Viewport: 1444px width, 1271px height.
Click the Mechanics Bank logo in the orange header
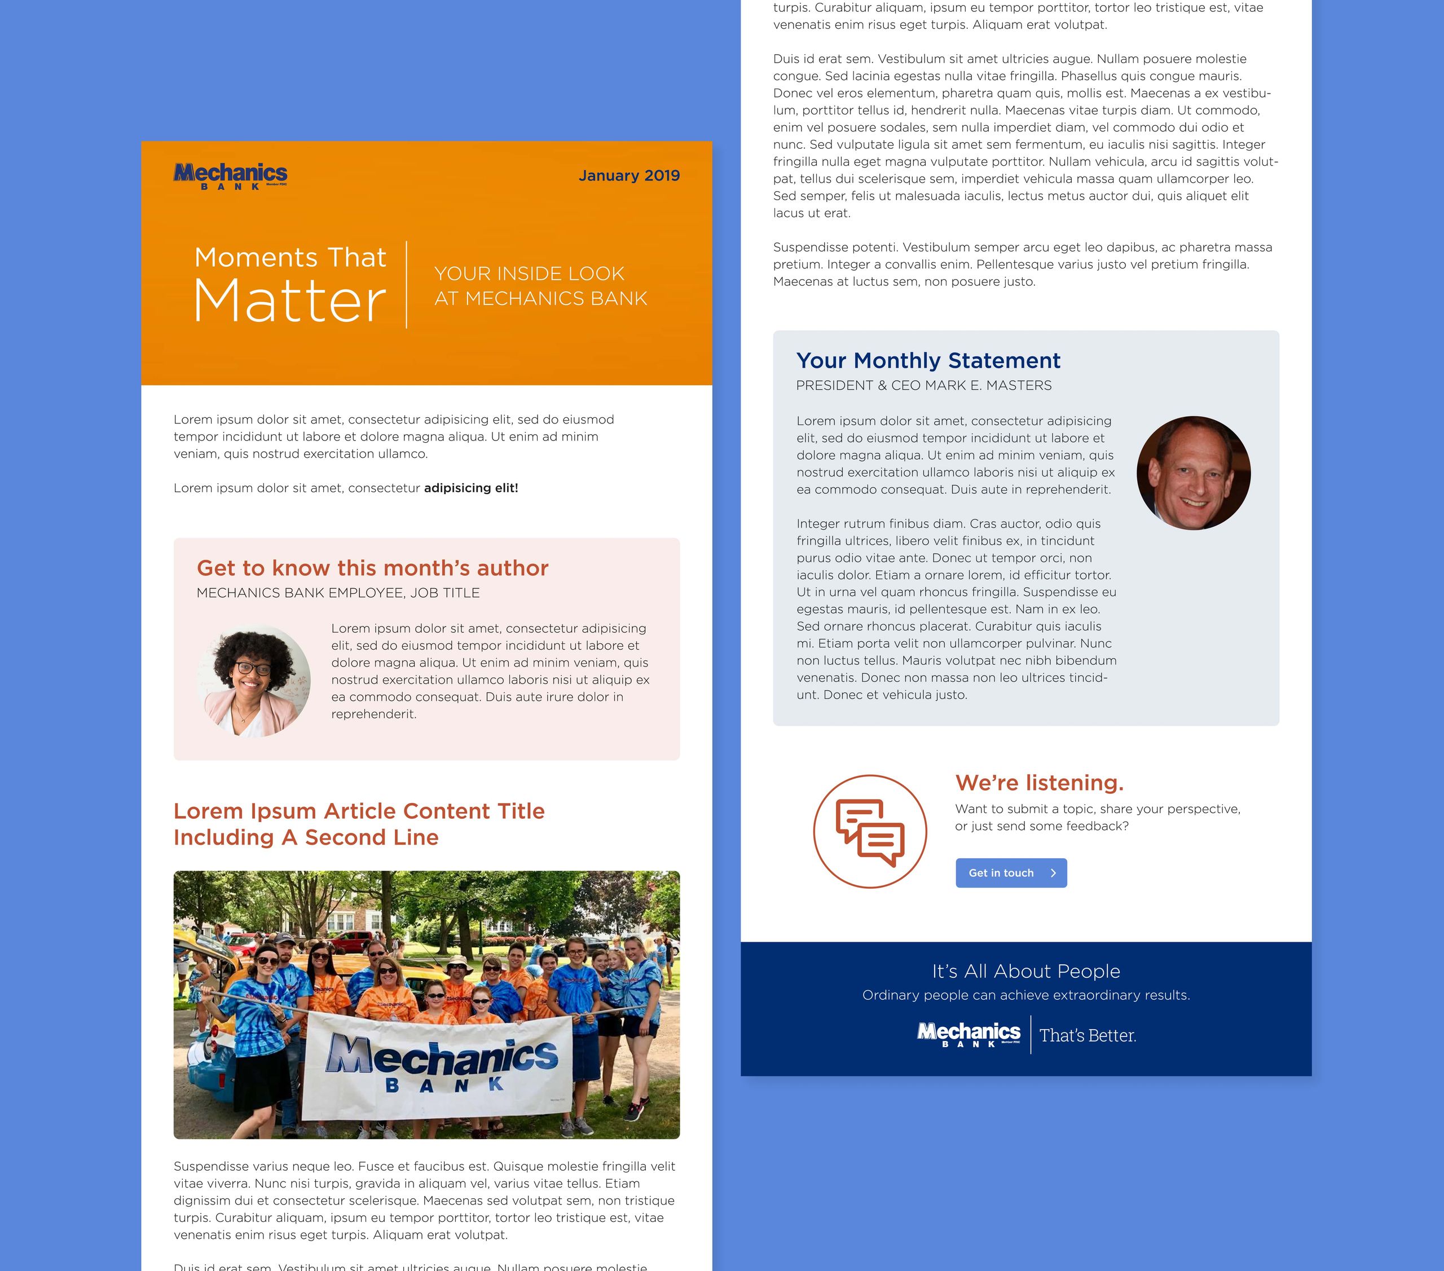(x=230, y=176)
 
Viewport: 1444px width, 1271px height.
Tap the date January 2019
(x=629, y=175)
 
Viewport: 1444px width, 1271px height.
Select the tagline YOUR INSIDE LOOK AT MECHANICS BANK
(x=540, y=286)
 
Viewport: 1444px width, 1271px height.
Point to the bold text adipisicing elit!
(x=470, y=488)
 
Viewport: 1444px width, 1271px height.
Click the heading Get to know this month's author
(x=372, y=568)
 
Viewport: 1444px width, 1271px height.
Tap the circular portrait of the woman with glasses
(x=254, y=681)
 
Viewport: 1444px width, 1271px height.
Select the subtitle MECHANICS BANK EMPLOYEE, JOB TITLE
(x=338, y=593)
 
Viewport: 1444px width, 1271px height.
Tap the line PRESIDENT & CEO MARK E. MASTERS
(x=923, y=386)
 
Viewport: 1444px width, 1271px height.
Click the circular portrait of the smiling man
(x=1193, y=473)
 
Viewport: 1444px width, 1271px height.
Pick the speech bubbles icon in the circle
(x=870, y=832)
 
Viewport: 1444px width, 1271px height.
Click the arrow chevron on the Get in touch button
(x=1053, y=873)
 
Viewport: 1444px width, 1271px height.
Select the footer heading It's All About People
(x=1026, y=971)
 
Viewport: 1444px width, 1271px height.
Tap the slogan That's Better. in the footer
(x=1088, y=1036)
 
